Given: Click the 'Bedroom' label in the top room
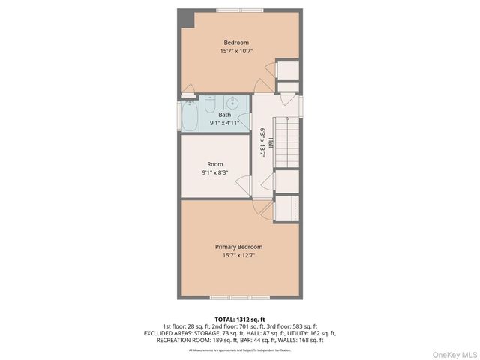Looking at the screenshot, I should coord(239,43).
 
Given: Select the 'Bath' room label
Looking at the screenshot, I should coord(225,115).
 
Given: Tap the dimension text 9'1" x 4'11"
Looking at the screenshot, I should coord(225,123).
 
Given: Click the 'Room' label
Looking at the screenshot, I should coord(214,164).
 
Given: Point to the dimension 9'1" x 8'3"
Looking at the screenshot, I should coord(214,173).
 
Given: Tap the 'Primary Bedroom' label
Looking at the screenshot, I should coord(239,247).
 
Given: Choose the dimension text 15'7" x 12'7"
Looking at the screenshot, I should coord(239,256).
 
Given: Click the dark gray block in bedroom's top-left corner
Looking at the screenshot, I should coord(186,17).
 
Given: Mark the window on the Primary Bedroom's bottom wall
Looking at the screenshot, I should coord(239,298).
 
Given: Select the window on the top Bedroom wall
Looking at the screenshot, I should coord(239,10).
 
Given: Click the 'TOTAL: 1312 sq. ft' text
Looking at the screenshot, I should coord(239,319).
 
